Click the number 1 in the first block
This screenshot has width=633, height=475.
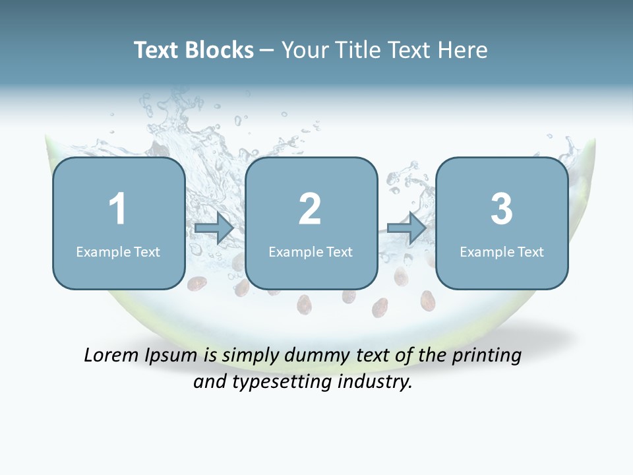click(x=117, y=209)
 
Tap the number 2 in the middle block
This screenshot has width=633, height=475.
click(x=310, y=209)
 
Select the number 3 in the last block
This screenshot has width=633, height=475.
click(x=502, y=209)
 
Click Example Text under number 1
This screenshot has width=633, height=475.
click(x=118, y=251)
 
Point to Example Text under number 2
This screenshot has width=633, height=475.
click(x=311, y=251)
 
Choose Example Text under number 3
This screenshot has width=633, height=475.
click(x=502, y=251)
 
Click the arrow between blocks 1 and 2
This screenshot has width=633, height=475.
click(x=214, y=228)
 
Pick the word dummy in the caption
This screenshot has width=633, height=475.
click(x=315, y=356)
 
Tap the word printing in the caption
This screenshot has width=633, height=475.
click(x=487, y=356)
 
